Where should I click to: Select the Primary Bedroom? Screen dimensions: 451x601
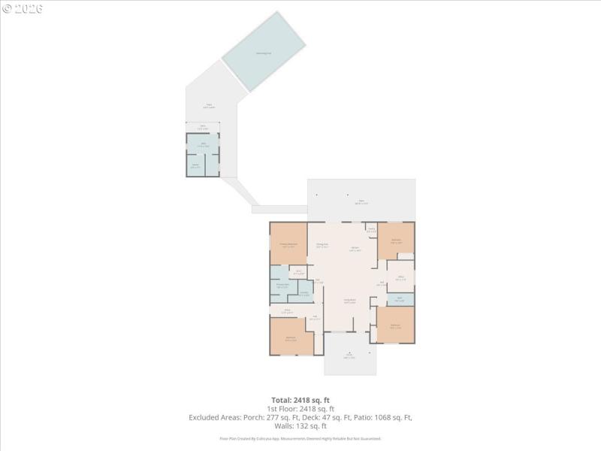click(288, 244)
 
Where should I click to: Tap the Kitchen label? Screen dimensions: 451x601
click(353, 250)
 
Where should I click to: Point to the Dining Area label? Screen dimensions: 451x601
click(322, 245)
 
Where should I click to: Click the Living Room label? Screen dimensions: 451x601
click(349, 301)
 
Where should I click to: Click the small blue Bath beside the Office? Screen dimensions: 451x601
click(400, 299)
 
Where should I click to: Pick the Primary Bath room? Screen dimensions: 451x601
click(282, 286)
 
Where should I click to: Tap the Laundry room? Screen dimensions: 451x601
click(305, 292)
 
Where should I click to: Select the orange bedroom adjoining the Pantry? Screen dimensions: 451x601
click(396, 241)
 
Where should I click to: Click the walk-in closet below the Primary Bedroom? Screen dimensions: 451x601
click(297, 272)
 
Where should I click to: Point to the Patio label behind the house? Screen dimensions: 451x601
click(361, 201)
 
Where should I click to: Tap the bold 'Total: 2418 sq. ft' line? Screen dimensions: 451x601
click(300, 399)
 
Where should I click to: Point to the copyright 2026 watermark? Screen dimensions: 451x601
click(23, 8)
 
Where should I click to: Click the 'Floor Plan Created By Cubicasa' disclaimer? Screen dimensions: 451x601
click(300, 438)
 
